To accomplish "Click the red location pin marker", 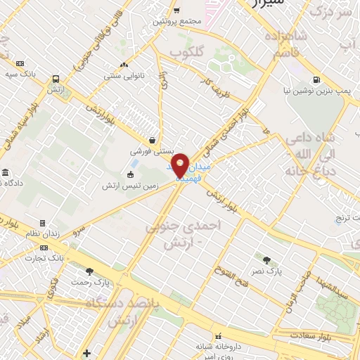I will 181,165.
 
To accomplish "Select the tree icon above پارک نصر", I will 266,259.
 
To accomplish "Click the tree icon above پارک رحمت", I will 89,271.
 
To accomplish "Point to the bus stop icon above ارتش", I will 56,79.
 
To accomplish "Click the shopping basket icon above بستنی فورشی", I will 153,139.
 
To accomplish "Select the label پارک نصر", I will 266,270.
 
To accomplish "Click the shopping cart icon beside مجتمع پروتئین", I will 175,10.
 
